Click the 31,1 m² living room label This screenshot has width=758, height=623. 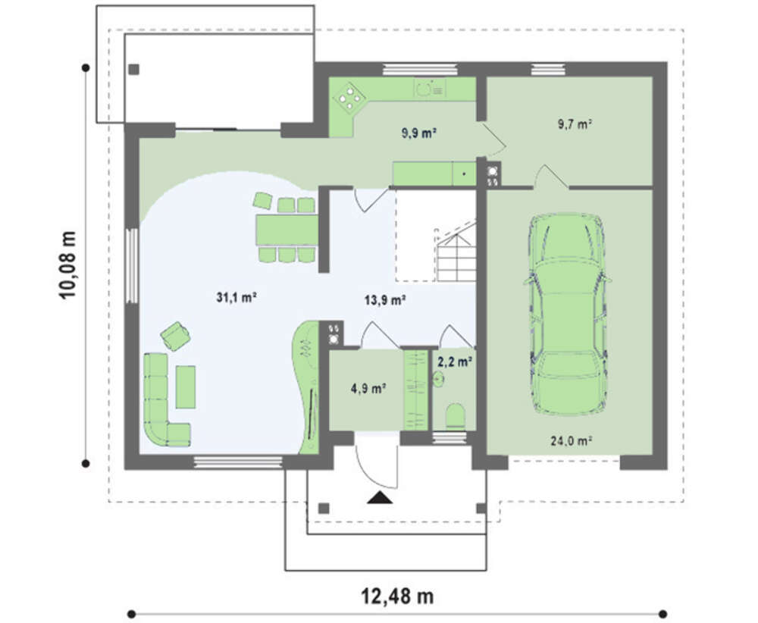tap(236, 297)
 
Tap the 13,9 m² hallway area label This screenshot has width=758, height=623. tap(384, 300)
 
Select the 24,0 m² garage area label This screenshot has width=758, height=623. tap(572, 440)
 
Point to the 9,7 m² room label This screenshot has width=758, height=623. tap(575, 124)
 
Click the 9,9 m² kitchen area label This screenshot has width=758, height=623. tap(419, 133)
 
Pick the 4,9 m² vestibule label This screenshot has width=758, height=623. tap(368, 388)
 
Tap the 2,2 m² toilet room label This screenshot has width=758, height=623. tap(454, 361)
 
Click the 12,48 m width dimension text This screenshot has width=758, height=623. tap(397, 596)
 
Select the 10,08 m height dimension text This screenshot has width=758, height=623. tap(67, 265)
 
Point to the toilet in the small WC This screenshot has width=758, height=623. tap(455, 416)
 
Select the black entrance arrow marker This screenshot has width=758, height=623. tap(380, 497)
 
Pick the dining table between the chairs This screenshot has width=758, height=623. tap(287, 230)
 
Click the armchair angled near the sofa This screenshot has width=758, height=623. tap(175, 336)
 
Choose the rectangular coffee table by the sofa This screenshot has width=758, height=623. tap(186, 387)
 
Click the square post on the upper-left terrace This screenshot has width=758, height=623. tap(134, 70)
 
